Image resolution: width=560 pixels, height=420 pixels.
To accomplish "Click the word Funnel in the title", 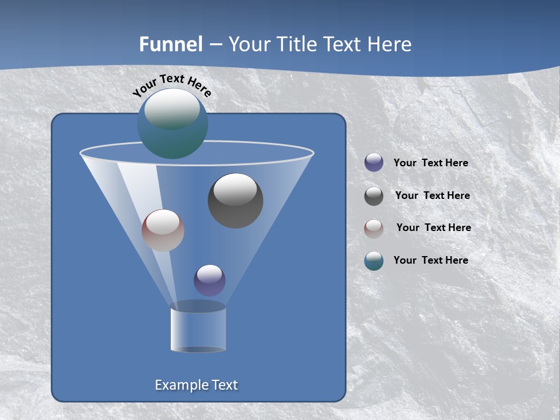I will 170,44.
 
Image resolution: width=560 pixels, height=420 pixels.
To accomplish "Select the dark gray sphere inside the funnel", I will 235,201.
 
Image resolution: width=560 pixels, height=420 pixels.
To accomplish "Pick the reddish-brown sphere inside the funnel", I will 163,230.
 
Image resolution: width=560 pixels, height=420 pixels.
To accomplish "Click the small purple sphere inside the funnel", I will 209,280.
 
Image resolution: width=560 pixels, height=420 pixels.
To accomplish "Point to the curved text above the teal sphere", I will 171,85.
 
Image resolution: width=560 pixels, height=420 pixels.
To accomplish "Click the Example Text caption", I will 196,385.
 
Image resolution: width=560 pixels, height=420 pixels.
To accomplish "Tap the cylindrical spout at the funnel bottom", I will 198,330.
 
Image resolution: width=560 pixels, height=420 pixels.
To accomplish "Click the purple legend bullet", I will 374,163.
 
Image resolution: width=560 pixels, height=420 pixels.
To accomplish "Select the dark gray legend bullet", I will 374,196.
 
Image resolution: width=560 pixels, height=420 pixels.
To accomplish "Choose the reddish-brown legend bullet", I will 374,228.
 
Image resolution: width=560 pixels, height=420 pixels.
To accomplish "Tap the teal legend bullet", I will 374,261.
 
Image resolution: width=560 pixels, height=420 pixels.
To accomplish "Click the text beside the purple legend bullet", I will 430,163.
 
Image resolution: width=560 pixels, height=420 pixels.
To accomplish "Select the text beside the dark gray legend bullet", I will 432,196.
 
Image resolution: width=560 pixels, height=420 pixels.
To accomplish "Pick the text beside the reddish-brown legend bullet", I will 433,228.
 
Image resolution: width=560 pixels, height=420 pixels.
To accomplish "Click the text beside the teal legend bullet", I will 430,261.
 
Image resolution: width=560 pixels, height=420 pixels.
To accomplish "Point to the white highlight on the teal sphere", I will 171,109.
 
